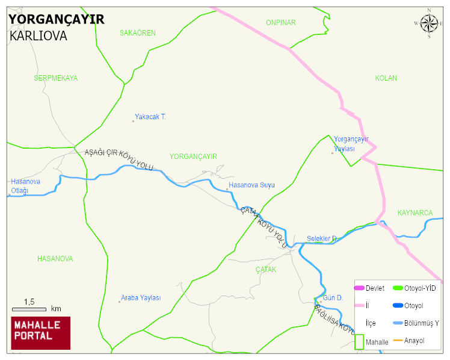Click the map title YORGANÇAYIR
pyautogui.click(x=57, y=19)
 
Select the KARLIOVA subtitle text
pyautogui.click(x=39, y=36)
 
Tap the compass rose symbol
pyautogui.click(x=428, y=23)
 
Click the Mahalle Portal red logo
pyautogui.click(x=41, y=333)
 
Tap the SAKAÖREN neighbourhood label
pyautogui.click(x=137, y=33)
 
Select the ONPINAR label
pyautogui.click(x=281, y=23)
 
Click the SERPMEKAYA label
pyautogui.click(x=55, y=78)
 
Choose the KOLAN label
pyautogui.click(x=386, y=78)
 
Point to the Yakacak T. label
pyautogui.click(x=150, y=117)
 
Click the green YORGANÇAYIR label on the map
pyautogui.click(x=193, y=157)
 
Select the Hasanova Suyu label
pyautogui.click(x=251, y=185)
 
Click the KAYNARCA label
pyautogui.click(x=415, y=213)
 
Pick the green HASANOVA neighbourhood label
pyautogui.click(x=55, y=259)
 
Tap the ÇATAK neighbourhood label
pyautogui.click(x=265, y=270)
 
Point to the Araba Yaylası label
pyautogui.click(x=141, y=298)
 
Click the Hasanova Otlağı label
pyautogui.click(x=25, y=186)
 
